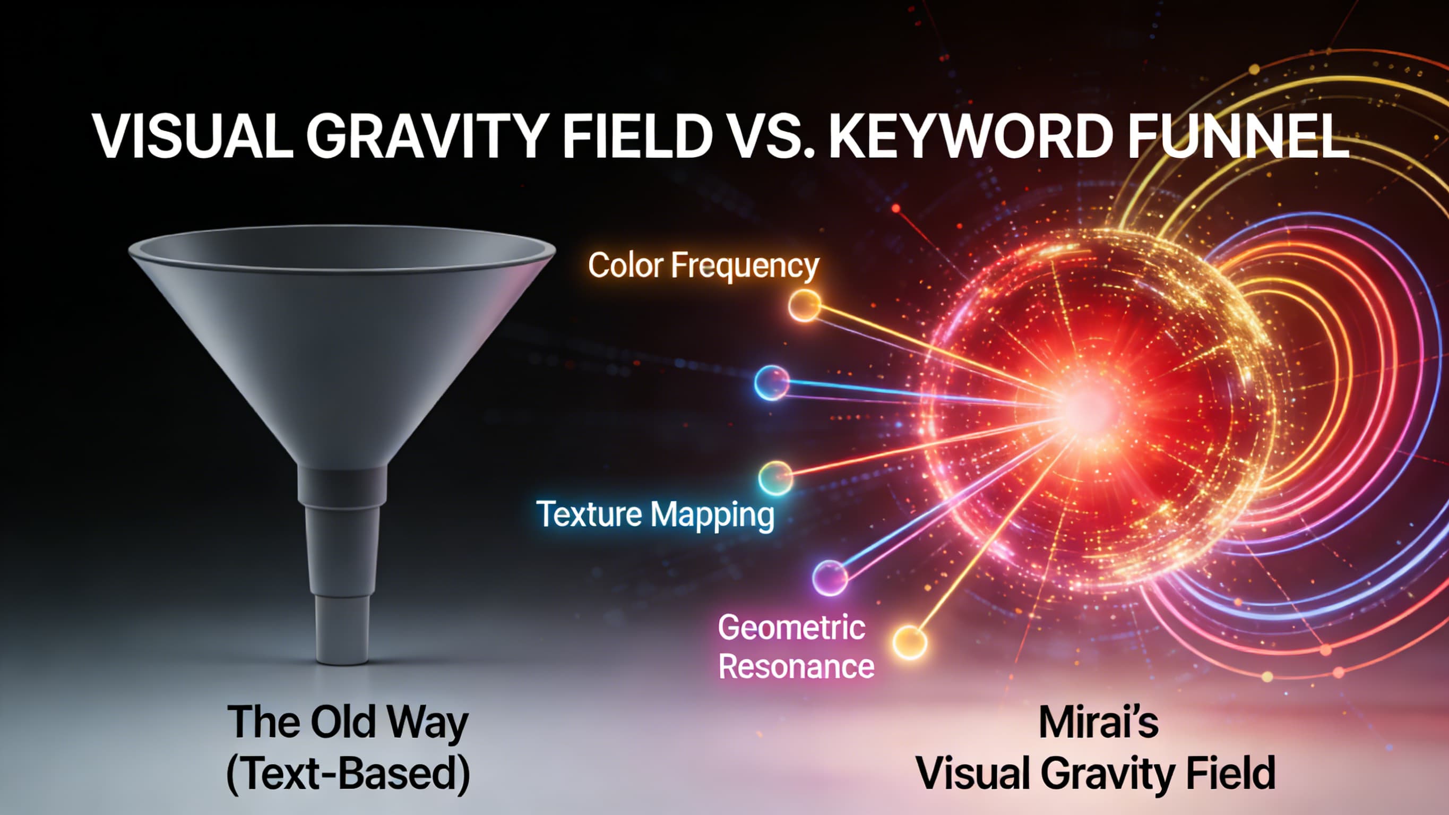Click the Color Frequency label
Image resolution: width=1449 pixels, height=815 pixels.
tap(703, 265)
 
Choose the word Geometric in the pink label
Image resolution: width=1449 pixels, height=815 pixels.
tap(791, 627)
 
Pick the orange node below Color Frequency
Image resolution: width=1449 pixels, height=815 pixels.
tap(804, 306)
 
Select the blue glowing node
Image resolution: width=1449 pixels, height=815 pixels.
tap(772, 383)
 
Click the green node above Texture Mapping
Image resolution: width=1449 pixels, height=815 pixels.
tap(775, 478)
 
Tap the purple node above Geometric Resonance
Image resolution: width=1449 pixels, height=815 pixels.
tap(830, 578)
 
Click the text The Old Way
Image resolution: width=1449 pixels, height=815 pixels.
tap(348, 722)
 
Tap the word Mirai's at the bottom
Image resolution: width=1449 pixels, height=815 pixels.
tap(1099, 722)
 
